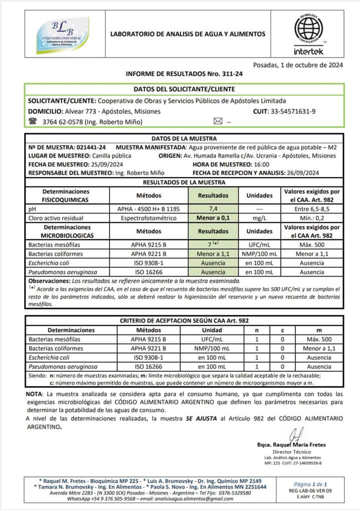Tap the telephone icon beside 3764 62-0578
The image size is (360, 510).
coord(33,121)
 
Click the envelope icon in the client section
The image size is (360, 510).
coord(217,121)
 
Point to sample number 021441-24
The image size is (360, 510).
coord(92,147)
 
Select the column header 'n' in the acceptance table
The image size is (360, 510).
coord(257,330)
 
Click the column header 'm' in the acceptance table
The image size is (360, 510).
coord(318,330)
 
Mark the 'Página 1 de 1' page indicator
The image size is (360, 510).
coord(310,484)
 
